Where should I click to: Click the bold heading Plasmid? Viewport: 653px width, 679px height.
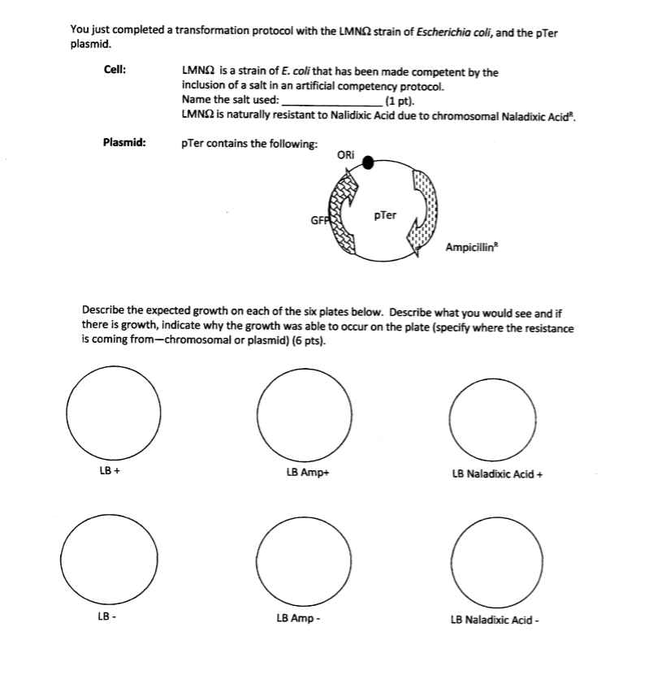pyautogui.click(x=124, y=143)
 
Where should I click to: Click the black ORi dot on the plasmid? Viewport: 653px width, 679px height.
pyautogui.click(x=368, y=163)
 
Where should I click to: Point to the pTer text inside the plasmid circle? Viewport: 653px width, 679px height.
pyautogui.click(x=386, y=215)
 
